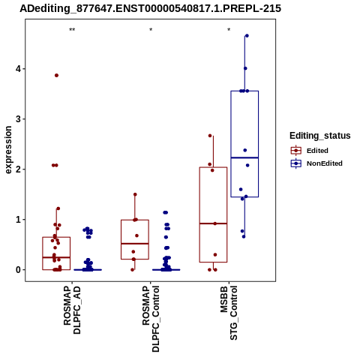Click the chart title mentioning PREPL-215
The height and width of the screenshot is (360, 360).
pos(151,8)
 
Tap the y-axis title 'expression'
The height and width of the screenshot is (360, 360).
pos(8,150)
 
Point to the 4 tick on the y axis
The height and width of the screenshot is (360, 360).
pos(18,69)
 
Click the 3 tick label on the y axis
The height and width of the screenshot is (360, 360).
pos(18,119)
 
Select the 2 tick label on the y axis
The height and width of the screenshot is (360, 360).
pos(18,169)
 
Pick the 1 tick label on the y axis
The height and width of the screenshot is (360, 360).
pos(18,220)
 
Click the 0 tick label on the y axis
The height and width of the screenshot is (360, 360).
pos(18,270)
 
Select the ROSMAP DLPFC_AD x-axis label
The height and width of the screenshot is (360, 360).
pos(72,310)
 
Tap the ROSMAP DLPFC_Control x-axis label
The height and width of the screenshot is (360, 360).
pos(151,319)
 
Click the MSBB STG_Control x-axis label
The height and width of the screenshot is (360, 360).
pos(229,313)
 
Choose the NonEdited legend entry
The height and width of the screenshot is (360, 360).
pos(316,163)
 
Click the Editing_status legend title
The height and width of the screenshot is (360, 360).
pos(320,136)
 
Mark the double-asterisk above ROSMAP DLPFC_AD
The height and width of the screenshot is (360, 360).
pos(72,30)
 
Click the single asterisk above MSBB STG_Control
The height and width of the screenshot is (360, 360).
pos(229,29)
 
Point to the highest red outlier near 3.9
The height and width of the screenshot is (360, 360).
pos(56,76)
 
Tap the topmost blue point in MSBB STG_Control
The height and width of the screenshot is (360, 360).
pos(247,36)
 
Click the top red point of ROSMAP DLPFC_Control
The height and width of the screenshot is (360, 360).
pos(135,194)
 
